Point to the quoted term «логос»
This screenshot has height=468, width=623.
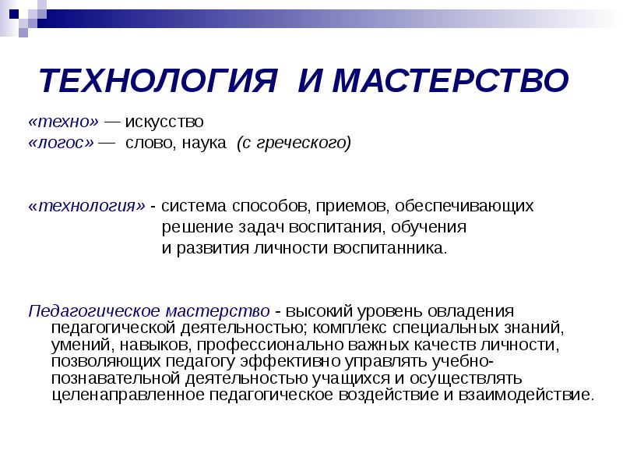pos(62,143)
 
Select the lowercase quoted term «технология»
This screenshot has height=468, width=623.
pos(86,207)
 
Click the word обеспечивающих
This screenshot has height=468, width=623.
pos(464,207)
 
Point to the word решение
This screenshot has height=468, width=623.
pos(194,228)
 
